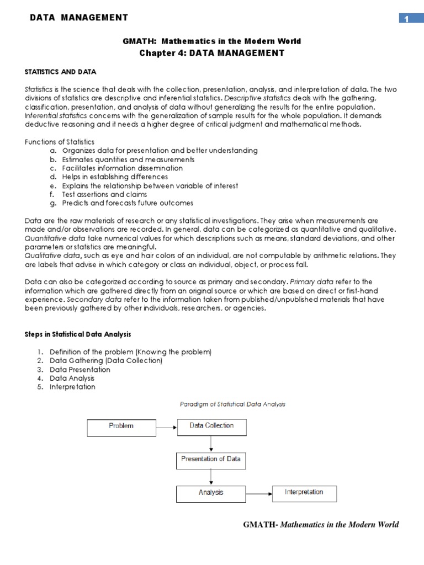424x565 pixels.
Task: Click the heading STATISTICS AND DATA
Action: [60, 72]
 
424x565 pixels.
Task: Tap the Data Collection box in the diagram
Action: [211, 427]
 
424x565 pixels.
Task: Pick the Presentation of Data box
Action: [211, 459]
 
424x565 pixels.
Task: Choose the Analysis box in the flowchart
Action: [211, 493]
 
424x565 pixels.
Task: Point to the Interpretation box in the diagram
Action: [304, 493]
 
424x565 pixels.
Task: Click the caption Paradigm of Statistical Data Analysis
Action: [232, 404]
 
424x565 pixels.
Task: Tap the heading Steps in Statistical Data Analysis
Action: [78, 334]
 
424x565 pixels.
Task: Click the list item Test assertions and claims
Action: [104, 194]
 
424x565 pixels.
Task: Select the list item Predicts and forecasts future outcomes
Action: [128, 203]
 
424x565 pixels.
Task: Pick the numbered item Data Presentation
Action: [80, 369]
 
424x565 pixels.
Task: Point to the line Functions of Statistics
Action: [60, 142]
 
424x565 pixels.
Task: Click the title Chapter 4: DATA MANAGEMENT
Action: [213, 53]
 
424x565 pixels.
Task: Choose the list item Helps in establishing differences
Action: [115, 177]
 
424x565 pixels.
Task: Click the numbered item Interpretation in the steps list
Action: [72, 387]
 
